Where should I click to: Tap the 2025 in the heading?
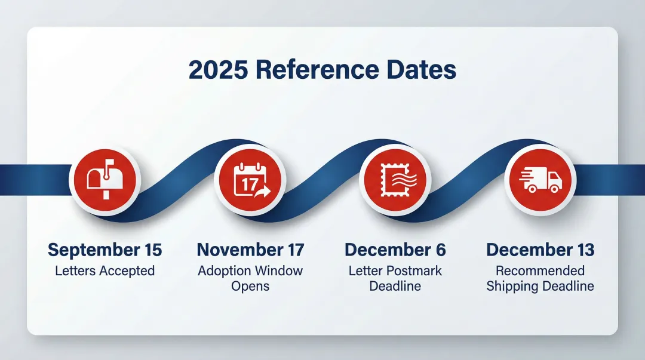[x=217, y=70]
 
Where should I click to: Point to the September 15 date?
[x=105, y=250]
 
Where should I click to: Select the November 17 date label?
[x=250, y=250]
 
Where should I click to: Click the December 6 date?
[x=395, y=250]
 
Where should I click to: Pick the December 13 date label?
[x=540, y=250]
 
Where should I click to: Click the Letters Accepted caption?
[x=105, y=270]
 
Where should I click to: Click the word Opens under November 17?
[x=250, y=286]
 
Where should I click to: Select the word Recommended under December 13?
[x=540, y=270]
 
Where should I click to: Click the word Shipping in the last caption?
[x=512, y=286]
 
